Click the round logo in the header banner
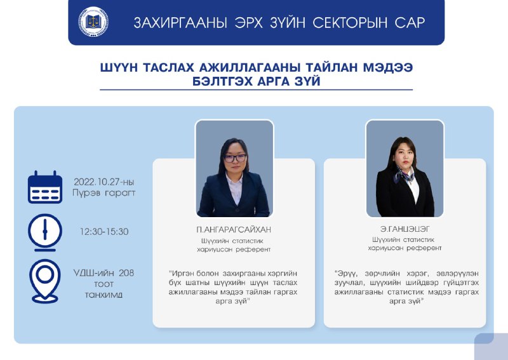(93, 22)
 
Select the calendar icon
(44, 187)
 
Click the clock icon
(44, 232)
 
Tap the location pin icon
(44, 281)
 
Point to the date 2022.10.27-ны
(104, 182)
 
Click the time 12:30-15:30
(104, 231)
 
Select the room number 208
(126, 273)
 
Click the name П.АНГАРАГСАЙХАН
(234, 230)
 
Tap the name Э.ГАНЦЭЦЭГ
(404, 229)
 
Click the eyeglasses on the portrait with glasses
(235, 158)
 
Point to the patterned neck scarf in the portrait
(403, 175)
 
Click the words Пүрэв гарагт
(104, 193)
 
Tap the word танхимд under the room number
(104, 295)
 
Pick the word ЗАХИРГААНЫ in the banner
(180, 23)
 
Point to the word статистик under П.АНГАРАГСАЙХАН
(248, 241)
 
